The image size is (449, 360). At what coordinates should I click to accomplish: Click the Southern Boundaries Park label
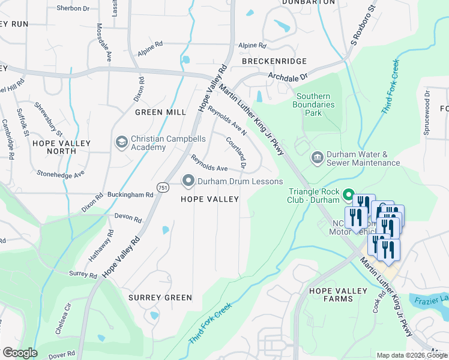315,104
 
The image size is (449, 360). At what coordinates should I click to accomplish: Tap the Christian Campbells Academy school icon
122,142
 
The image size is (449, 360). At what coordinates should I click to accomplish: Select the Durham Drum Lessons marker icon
188,181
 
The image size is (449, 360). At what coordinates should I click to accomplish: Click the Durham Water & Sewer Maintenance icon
316,158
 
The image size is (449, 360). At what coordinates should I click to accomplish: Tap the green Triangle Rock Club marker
347,195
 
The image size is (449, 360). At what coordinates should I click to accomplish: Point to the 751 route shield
162,188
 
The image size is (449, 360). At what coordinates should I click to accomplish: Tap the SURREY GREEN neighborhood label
160,297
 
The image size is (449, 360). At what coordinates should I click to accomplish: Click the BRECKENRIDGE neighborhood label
274,61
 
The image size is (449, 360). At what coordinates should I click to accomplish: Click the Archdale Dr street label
288,77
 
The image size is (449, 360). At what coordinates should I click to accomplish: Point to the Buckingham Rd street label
134,195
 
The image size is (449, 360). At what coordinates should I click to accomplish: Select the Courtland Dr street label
237,152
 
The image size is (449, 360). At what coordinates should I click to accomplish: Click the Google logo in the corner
20,353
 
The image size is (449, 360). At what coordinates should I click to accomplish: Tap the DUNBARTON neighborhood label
307,2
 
